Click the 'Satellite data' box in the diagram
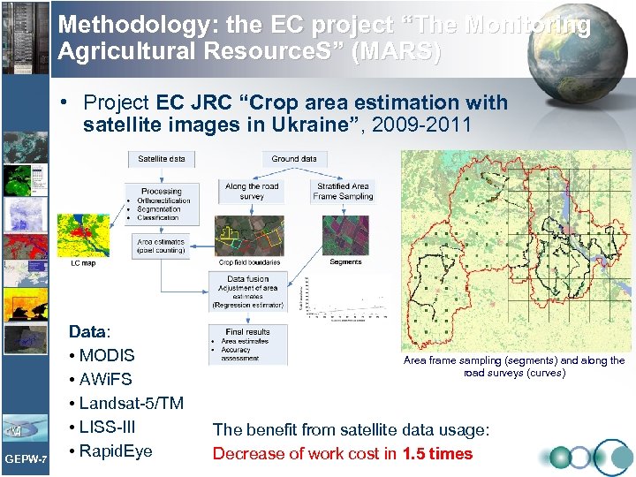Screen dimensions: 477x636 pyautogui.click(x=162, y=159)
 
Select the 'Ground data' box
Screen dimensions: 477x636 pyautogui.click(x=294, y=159)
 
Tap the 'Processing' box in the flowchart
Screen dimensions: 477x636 pyautogui.click(x=162, y=203)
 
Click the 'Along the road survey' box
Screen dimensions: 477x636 pyautogui.click(x=251, y=192)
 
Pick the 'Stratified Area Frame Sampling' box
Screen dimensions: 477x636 pyautogui.click(x=343, y=192)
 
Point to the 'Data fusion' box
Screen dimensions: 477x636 pyautogui.click(x=248, y=291)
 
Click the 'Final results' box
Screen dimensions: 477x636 pyautogui.click(x=247, y=345)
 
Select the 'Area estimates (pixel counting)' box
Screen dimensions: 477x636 pyautogui.click(x=161, y=245)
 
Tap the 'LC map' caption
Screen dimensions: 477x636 pyautogui.click(x=82, y=263)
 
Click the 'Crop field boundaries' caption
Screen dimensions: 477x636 pyautogui.click(x=250, y=262)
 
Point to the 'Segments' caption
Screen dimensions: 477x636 pyautogui.click(x=345, y=262)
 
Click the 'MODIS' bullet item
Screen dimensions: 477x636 pyautogui.click(x=106, y=356)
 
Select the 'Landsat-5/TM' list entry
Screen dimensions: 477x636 pyautogui.click(x=131, y=404)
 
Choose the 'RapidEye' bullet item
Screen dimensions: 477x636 pyautogui.click(x=115, y=451)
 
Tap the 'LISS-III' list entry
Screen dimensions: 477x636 pyautogui.click(x=107, y=428)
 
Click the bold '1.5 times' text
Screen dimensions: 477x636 pyautogui.click(x=437, y=454)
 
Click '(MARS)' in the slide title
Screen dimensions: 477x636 pyautogui.click(x=397, y=51)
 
